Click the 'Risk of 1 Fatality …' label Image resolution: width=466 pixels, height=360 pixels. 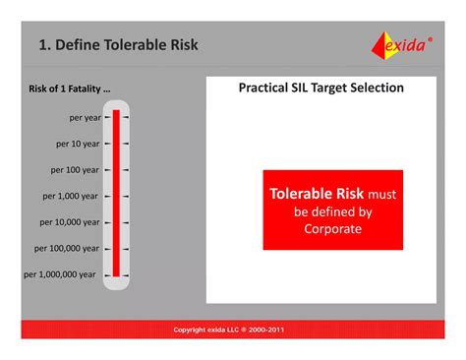click(69, 90)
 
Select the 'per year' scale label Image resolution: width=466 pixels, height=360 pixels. click(85, 116)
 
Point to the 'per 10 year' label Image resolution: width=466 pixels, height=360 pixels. click(78, 143)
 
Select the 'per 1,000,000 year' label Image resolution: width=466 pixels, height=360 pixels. click(60, 274)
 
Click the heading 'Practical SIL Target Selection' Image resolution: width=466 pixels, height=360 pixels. click(321, 89)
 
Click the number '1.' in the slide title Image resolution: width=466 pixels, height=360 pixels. click(44, 45)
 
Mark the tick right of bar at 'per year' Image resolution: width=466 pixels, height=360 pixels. click(126, 116)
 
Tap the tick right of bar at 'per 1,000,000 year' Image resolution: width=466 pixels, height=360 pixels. click(126, 274)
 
